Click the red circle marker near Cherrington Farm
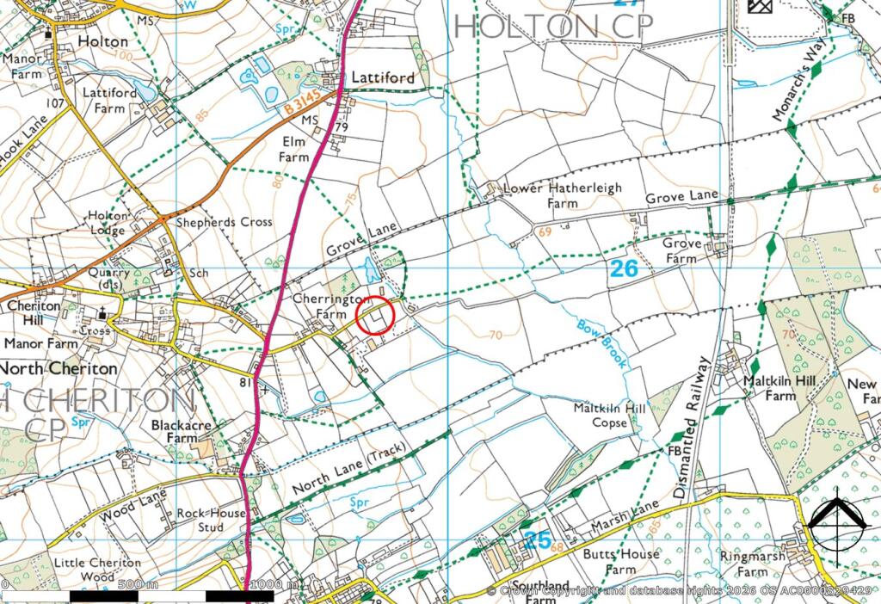tap(374, 316)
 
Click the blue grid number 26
tap(625, 268)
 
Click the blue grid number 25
tap(536, 540)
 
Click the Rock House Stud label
tap(212, 521)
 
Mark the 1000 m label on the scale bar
tap(273, 585)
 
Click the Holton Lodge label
tap(107, 223)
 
